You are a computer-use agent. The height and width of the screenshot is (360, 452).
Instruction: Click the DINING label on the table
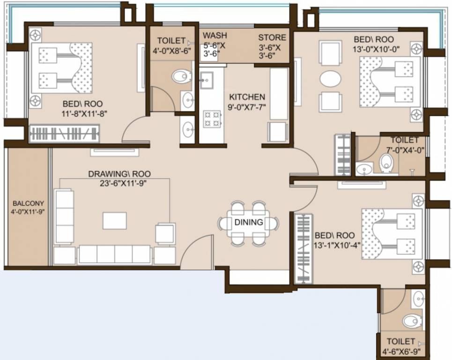click(249, 222)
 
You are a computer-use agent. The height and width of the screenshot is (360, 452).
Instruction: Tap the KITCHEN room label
click(247, 97)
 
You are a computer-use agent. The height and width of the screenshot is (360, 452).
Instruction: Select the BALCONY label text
click(28, 203)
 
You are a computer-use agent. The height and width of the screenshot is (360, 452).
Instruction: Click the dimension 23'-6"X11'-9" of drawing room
click(119, 184)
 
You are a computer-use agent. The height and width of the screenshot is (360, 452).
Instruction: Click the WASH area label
click(215, 36)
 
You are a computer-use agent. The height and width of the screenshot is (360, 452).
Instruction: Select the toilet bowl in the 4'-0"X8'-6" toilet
click(182, 76)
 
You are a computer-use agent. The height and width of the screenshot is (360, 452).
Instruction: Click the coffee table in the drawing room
click(114, 221)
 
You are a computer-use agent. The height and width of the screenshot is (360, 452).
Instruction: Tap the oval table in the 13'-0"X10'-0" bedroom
click(330, 78)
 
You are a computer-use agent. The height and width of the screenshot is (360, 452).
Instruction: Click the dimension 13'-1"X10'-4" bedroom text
click(338, 245)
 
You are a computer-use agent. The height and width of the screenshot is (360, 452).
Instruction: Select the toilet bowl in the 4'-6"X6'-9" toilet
click(412, 321)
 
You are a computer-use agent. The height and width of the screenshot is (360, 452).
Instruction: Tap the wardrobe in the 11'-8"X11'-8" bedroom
click(64, 134)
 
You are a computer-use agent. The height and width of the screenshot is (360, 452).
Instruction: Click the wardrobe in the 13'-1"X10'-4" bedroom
click(304, 248)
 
